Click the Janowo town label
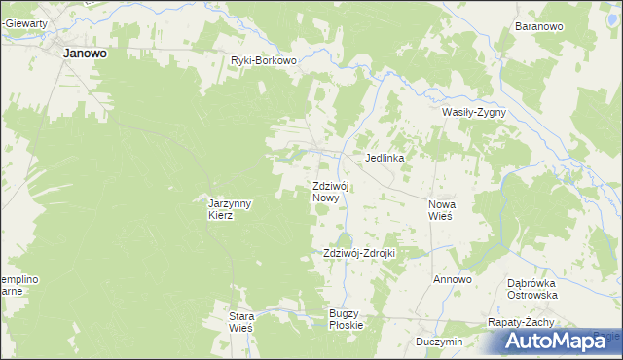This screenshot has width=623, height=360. coord(85,54)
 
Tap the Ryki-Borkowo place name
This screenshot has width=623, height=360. coord(263,60)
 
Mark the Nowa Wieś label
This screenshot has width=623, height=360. coord(448,210)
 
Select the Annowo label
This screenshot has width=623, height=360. coord(453,280)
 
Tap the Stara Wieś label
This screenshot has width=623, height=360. coord(240,322)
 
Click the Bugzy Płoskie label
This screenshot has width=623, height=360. coord(346,318)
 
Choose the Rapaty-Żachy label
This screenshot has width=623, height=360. coord(521,322)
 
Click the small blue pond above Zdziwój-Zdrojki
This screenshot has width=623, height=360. coord(343,238)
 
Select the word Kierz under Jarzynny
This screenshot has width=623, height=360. coord(221,216)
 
